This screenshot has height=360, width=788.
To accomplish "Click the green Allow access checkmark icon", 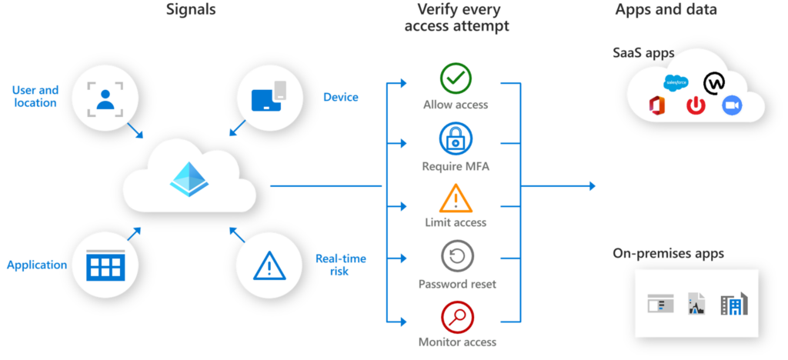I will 456,77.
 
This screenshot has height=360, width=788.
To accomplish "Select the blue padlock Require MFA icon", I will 456,139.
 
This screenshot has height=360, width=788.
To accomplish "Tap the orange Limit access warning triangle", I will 456,199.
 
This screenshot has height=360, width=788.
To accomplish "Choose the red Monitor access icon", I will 456,316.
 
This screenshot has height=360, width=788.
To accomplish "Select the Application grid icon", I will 105,265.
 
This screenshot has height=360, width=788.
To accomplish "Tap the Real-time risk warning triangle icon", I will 269,266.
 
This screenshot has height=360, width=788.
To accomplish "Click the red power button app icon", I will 696,105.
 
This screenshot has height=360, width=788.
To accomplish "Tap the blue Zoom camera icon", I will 732,106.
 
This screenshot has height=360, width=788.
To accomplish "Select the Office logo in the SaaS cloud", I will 656,105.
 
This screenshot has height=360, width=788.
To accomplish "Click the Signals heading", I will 190,11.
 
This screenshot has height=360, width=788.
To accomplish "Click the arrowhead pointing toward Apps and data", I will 591,186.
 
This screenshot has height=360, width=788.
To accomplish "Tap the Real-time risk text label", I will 340,264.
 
